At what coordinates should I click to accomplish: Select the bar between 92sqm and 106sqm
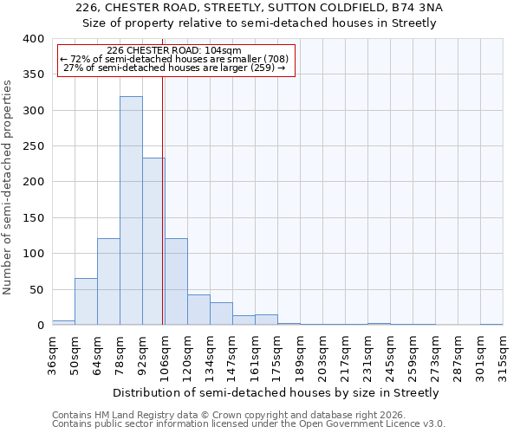[153, 242]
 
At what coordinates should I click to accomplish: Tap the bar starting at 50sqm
[86, 301]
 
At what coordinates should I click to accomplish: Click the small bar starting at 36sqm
[63, 322]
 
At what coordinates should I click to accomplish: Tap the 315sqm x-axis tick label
[503, 355]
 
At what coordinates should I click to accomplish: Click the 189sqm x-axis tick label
[300, 355]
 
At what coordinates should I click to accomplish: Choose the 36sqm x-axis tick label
[52, 355]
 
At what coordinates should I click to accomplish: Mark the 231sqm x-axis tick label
[367, 355]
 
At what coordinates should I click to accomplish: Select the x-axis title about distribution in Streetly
[276, 392]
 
